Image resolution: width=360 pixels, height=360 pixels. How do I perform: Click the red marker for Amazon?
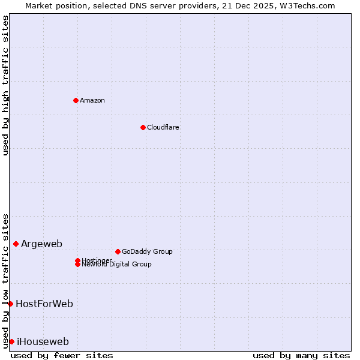[x=76, y=100]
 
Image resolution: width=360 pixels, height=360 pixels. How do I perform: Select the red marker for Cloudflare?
[x=143, y=127]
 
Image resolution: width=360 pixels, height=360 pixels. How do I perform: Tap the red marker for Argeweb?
[x=16, y=244]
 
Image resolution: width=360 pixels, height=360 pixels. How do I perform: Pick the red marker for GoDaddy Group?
[x=118, y=251]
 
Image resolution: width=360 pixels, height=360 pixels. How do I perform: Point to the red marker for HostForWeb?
[x=10, y=304]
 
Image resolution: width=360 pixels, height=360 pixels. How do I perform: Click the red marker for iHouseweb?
[x=11, y=341]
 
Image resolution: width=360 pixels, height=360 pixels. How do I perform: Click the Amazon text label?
[x=92, y=100]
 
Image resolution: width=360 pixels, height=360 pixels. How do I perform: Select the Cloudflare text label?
[x=163, y=127]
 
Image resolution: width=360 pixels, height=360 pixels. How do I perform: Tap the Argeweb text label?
[x=41, y=244]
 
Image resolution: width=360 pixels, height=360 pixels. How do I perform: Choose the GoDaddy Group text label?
[x=147, y=251]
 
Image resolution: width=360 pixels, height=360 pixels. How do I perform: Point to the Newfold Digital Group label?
[x=116, y=265]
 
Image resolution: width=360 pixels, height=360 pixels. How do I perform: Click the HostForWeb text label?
[x=44, y=304]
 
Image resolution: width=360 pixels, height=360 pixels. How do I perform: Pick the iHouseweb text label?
[x=43, y=341]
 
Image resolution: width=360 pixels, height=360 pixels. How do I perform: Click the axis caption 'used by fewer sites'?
[x=62, y=355]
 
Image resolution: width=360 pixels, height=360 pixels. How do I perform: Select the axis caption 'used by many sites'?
[x=301, y=355]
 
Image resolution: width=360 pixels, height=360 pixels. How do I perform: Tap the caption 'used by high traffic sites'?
[x=6, y=85]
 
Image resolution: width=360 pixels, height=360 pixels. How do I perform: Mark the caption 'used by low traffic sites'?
[x=6, y=280]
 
